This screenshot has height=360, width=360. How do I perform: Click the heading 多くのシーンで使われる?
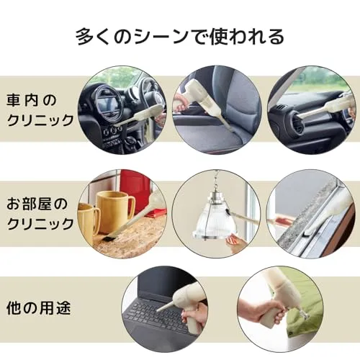tap(180, 37)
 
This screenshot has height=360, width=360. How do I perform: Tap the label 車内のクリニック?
tap(40, 110)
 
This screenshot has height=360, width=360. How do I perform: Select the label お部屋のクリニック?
tap(40, 214)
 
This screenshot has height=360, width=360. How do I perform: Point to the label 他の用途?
tap(38, 308)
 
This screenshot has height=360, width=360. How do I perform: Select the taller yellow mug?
tap(115, 211)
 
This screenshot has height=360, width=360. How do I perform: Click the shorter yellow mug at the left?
tap(88, 222)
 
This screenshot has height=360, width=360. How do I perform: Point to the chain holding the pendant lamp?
tap(217, 179)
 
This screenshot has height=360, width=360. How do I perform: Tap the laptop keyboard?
tap(156, 315)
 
